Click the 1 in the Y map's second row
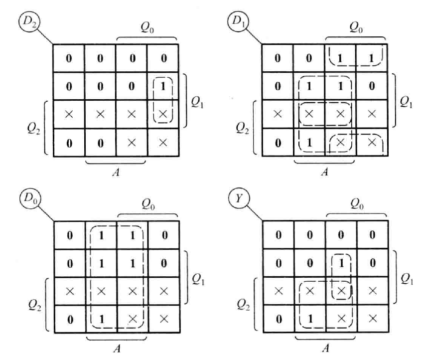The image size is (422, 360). coord(341,263)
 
